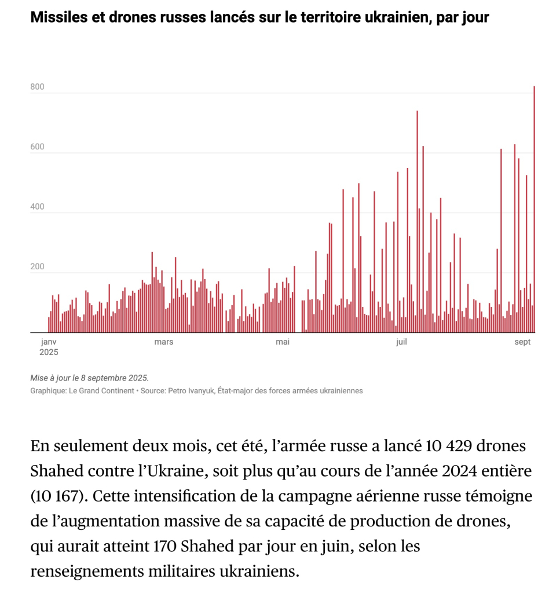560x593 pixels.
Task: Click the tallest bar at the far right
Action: [534, 208]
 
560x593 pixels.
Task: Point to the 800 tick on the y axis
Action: [37, 88]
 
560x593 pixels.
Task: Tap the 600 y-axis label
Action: [37, 148]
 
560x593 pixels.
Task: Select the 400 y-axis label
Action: [37, 208]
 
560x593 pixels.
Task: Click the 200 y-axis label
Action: [37, 268]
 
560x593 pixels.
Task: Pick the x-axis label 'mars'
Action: [164, 342]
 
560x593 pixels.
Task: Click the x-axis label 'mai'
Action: [283, 342]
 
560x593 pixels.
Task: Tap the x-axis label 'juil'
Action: [401, 342]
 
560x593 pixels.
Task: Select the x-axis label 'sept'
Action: [522, 342]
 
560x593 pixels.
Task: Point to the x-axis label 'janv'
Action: [49, 342]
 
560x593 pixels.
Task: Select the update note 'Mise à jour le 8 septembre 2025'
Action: [90, 378]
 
